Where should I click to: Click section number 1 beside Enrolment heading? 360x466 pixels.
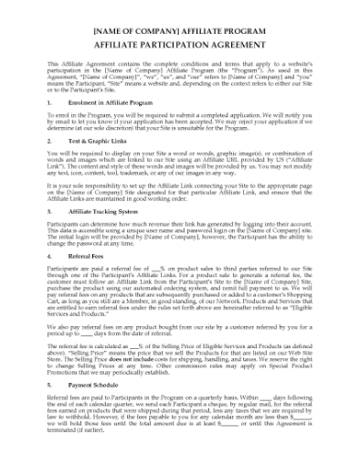coord(48,103)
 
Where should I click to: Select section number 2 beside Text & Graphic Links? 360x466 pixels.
coord(48,143)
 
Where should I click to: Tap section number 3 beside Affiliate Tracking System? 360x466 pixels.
coord(48,209)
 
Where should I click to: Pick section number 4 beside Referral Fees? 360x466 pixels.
coord(48,256)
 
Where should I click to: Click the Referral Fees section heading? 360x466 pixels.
coord(95,256)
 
